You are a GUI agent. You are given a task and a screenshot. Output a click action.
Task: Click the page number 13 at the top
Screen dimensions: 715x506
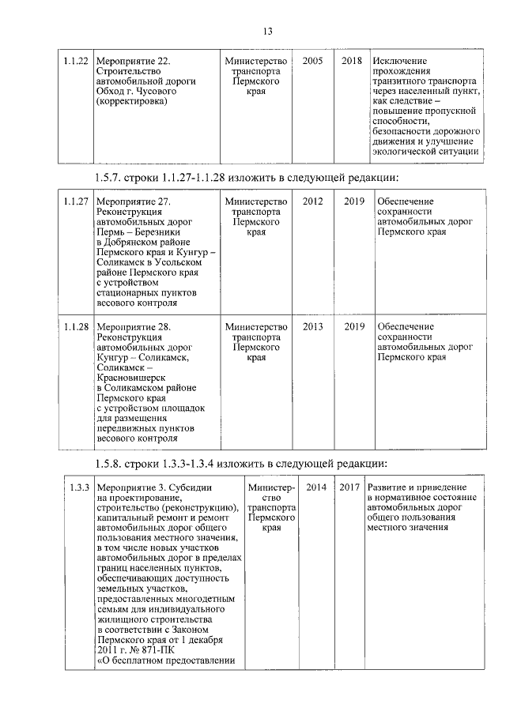point(267,31)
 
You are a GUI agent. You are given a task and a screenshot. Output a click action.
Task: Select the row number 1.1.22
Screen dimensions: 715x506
point(76,61)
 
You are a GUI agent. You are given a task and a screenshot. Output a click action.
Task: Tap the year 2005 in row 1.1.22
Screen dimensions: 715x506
point(312,61)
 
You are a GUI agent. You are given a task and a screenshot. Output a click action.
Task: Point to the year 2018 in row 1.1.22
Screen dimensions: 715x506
point(352,61)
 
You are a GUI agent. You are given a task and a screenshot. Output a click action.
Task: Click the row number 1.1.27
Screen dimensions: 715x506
point(76,201)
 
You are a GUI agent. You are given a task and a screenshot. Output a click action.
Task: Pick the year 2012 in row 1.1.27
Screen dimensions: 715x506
point(312,201)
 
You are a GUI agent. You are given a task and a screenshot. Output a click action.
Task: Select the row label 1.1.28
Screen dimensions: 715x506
point(76,326)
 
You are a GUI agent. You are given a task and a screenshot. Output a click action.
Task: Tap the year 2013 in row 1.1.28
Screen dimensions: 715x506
point(312,326)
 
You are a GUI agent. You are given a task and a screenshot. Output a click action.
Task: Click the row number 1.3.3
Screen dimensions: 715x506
point(78,488)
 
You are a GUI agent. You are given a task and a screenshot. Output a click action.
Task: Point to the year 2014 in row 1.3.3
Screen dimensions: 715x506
point(316,487)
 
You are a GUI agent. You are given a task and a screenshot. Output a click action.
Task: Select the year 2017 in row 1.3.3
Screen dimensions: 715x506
point(349,487)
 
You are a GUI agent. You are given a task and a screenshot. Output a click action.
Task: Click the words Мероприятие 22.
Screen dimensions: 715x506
point(133,61)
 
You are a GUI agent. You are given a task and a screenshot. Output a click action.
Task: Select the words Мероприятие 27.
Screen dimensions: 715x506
point(133,201)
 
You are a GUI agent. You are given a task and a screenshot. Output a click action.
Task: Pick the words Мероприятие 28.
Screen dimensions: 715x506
point(133,326)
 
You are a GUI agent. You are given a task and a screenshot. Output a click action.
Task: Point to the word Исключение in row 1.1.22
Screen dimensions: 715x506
point(401,61)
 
